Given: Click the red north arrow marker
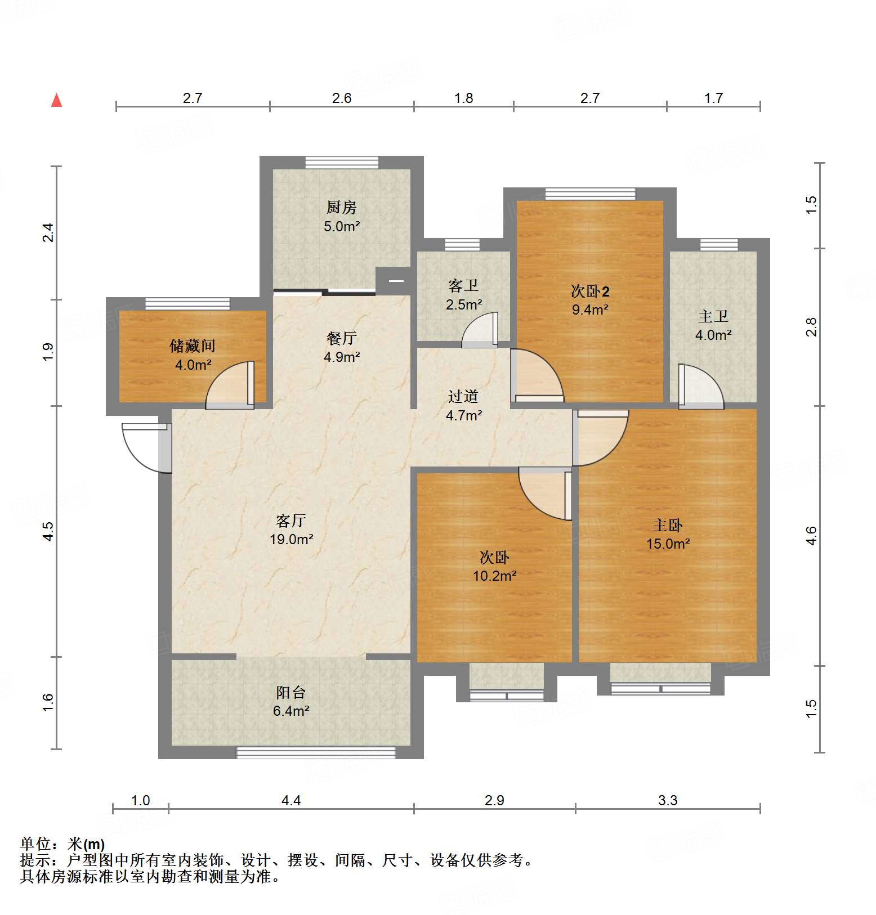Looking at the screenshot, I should click(x=57, y=100).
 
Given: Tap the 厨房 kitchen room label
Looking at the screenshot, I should click(x=341, y=208).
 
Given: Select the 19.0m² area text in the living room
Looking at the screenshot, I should click(x=291, y=539).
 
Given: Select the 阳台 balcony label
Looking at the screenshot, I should click(x=291, y=692).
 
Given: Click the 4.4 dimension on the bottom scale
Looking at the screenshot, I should click(x=291, y=800).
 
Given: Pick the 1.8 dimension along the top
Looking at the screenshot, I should click(x=464, y=98).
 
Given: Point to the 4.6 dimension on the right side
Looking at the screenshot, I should click(x=811, y=535).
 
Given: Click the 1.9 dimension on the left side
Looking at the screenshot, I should click(x=48, y=352).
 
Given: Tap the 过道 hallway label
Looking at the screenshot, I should click(x=463, y=396).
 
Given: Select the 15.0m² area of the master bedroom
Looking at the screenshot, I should click(x=668, y=544).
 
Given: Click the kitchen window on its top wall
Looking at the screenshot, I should click(x=342, y=163).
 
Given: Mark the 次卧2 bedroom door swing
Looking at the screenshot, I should click(x=536, y=376).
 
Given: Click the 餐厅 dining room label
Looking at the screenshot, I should click(x=341, y=338).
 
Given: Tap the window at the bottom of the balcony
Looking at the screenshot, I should click(x=316, y=752).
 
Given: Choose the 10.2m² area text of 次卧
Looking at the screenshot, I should click(x=494, y=576).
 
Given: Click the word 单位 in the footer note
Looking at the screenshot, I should click(x=35, y=844).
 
